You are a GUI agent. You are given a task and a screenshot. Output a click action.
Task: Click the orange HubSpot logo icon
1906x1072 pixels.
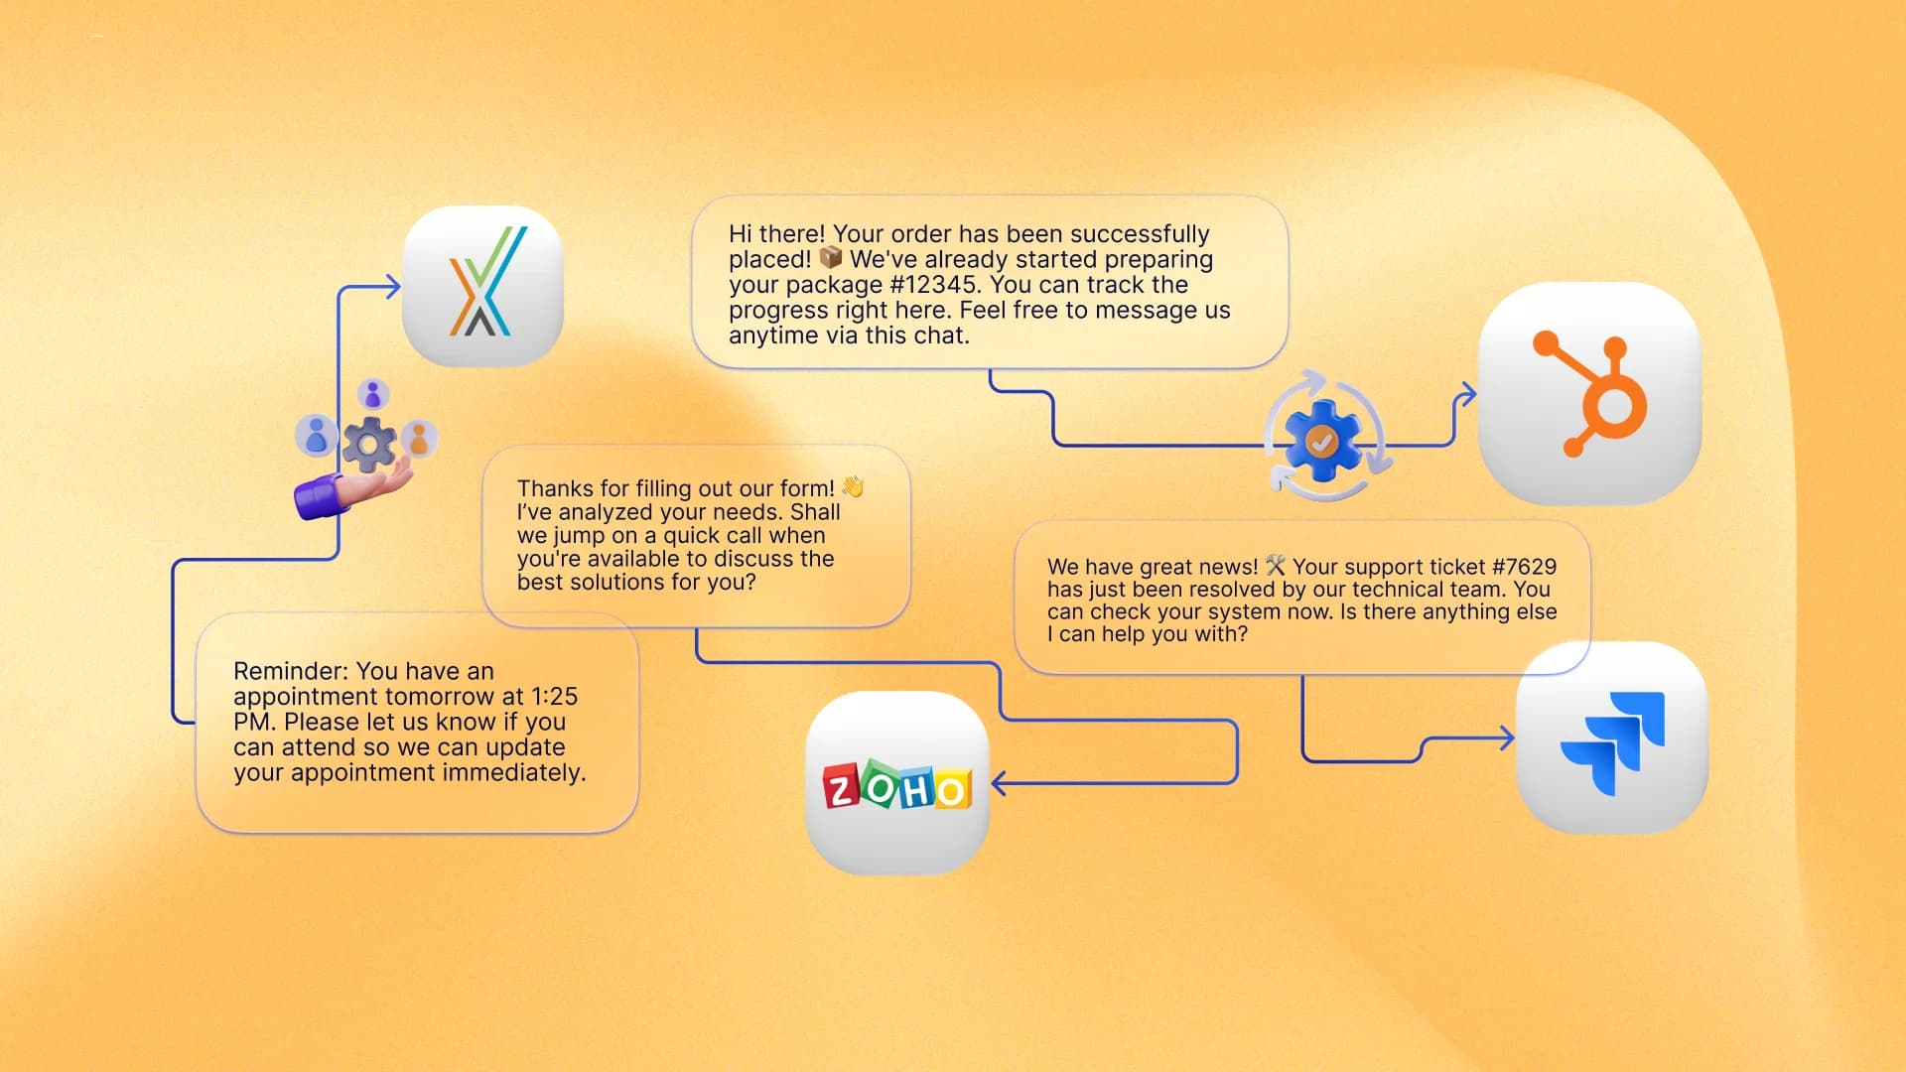point(1591,394)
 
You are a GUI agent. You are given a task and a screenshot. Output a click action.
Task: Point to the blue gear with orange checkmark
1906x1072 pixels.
point(1321,441)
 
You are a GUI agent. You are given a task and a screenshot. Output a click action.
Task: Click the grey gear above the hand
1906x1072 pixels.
point(369,444)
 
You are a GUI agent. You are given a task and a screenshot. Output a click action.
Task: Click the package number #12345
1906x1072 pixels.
point(932,285)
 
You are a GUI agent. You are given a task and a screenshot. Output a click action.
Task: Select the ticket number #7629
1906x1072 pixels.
point(1524,567)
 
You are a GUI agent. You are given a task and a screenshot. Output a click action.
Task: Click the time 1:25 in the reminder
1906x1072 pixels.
point(554,697)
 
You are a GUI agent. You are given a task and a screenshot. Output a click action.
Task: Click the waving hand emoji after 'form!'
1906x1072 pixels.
point(853,487)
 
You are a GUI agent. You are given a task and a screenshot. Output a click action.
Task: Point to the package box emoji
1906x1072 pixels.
point(831,259)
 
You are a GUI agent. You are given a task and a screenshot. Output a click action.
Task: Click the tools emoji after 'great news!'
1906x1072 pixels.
point(1276,566)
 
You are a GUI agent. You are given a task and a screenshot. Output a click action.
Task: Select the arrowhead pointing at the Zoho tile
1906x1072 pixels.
point(999,783)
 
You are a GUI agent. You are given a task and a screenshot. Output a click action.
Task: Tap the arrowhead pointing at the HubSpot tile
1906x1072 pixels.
point(1467,394)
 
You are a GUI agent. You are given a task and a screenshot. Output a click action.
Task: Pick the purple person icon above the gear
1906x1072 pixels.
point(372,394)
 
